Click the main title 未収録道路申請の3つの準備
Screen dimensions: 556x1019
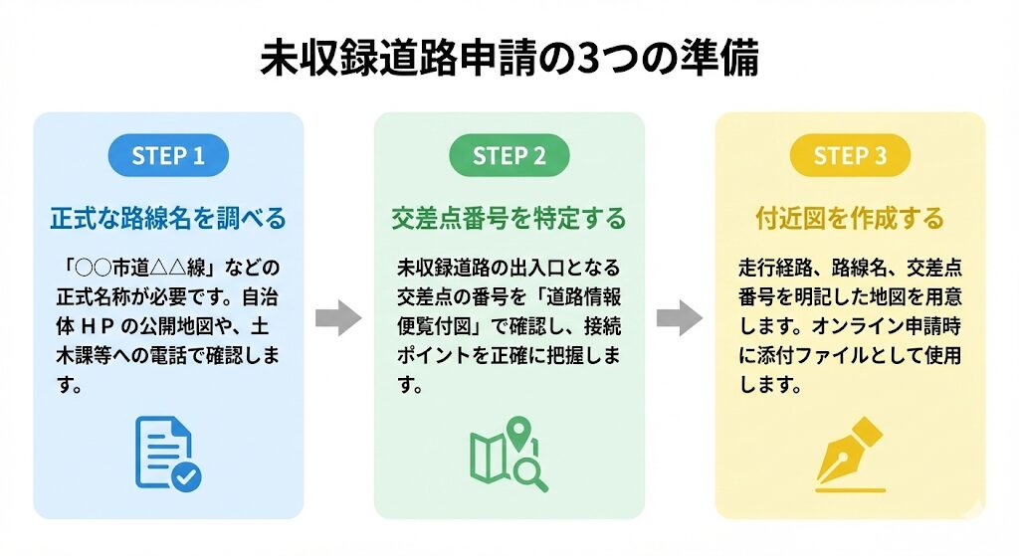509,58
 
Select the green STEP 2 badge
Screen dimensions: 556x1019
509,155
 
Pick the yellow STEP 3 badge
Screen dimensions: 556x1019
849,155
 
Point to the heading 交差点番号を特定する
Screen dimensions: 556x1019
509,217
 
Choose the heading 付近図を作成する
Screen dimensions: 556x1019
849,217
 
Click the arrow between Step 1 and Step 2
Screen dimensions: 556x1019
338,318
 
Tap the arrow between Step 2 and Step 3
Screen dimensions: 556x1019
680,318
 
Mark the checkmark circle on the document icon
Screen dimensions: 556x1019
185,476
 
